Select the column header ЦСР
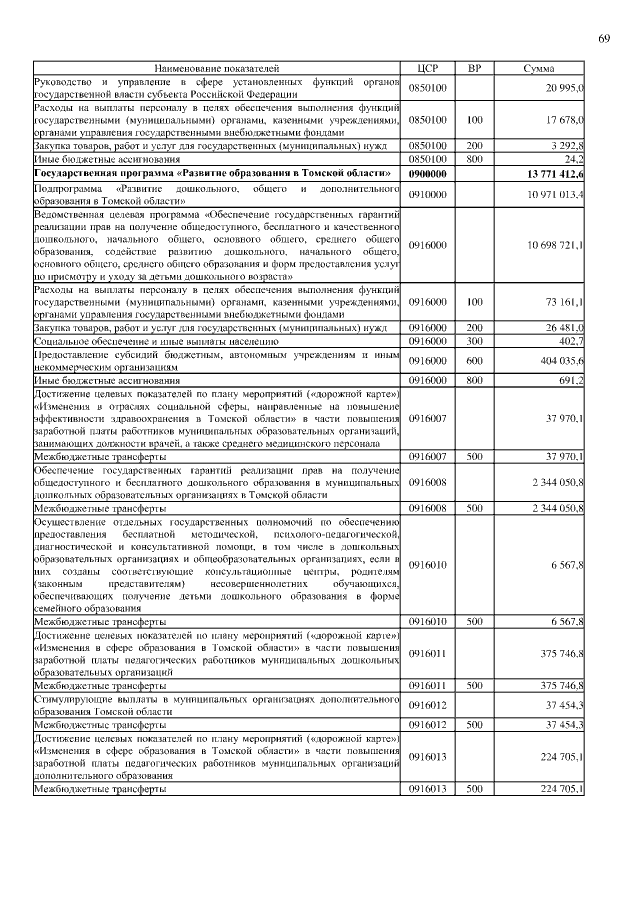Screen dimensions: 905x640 [427, 68]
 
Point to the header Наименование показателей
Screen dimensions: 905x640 [216, 68]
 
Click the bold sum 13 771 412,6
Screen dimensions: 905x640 [555, 174]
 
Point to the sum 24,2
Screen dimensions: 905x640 [574, 159]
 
